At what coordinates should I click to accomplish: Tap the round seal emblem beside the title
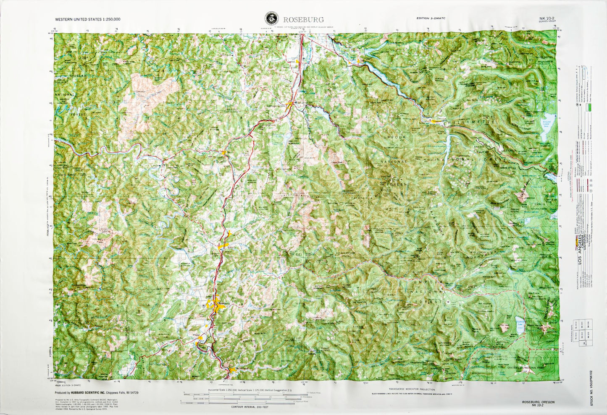coord(271,19)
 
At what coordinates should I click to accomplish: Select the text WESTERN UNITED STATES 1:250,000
coord(88,19)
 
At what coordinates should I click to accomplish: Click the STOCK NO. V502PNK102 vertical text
coord(591,389)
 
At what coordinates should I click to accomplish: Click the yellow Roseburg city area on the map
coord(216,305)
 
